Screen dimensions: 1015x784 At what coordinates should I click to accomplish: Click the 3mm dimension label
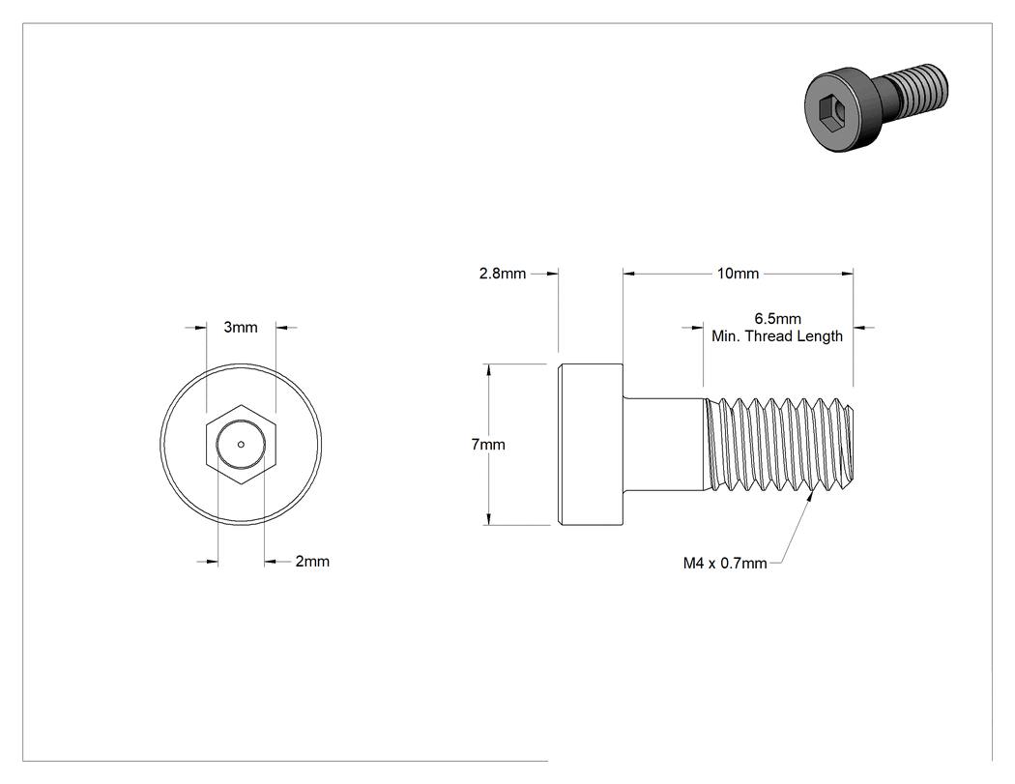(x=241, y=328)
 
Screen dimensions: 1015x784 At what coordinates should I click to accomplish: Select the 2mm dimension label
(x=312, y=562)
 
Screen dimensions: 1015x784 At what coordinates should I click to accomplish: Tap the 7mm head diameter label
(x=488, y=445)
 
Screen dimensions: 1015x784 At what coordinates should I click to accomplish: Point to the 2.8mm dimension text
(x=503, y=274)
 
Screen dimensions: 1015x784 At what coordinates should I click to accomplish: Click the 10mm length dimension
(x=738, y=274)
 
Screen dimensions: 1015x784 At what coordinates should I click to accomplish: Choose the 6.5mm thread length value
(x=777, y=318)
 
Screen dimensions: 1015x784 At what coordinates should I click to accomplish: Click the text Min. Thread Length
(x=777, y=336)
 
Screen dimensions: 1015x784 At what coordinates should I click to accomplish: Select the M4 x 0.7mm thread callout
(x=725, y=564)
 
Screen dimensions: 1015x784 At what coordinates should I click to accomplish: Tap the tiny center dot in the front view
(x=241, y=444)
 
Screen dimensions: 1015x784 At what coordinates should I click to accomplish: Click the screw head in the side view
(x=591, y=444)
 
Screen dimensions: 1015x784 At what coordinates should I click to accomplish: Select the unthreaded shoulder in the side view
(x=663, y=444)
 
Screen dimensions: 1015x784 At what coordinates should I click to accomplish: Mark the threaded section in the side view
(x=779, y=444)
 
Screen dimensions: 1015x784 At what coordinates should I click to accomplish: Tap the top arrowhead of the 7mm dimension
(x=489, y=369)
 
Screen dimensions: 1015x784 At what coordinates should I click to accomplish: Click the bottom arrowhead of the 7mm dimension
(x=489, y=519)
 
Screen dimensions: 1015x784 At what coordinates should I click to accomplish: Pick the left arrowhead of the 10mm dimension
(x=630, y=274)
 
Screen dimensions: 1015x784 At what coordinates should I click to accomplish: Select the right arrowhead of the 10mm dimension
(x=847, y=274)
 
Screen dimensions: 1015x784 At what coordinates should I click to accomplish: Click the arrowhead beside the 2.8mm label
(x=552, y=274)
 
